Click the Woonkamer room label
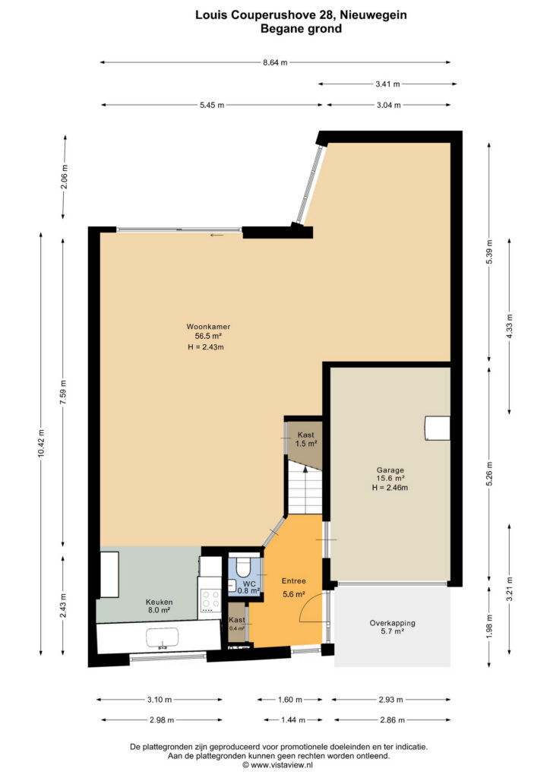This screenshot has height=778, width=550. tap(208, 327)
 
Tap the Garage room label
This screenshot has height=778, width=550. tap(390, 470)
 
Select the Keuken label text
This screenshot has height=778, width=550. tap(160, 602)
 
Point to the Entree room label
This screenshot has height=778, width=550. tap(293, 580)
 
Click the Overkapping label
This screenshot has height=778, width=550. tap(392, 623)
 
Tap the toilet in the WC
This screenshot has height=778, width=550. tap(244, 566)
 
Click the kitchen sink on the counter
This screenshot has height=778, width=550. tap(162, 638)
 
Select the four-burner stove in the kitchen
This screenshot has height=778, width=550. tap(210, 600)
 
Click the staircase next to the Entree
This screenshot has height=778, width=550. tap(305, 492)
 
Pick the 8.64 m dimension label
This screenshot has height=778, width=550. tap(275, 62)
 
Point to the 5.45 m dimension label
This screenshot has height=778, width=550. tap(212, 105)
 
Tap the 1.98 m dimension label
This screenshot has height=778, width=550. tap(489, 626)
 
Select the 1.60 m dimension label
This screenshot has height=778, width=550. tap(289, 700)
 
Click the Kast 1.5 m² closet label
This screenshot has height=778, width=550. tap(306, 439)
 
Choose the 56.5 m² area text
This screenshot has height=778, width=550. tap(208, 336)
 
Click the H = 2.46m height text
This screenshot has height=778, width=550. tap(390, 488)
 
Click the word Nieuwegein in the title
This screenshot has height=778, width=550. tap(373, 15)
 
